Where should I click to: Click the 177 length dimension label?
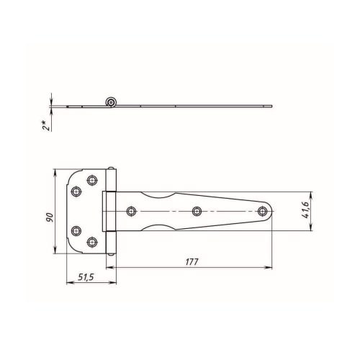click(x=192, y=261)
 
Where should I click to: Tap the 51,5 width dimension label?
click(x=86, y=277)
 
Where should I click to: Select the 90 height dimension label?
click(x=50, y=217)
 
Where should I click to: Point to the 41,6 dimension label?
click(x=305, y=210)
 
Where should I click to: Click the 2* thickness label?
click(x=46, y=125)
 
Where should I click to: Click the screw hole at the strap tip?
click(x=263, y=211)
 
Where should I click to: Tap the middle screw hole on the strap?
click(x=197, y=211)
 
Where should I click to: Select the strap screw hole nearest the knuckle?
click(x=131, y=211)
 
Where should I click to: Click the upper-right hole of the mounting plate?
click(x=92, y=180)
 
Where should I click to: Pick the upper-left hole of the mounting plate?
click(x=76, y=192)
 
